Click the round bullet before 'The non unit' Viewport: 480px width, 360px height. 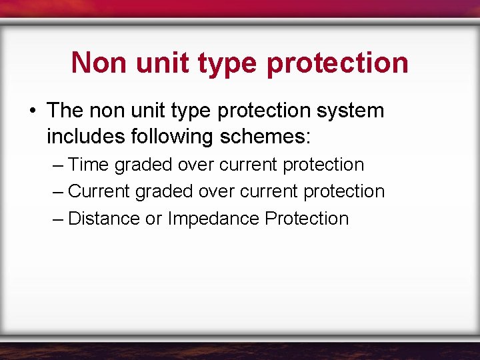point(32,111)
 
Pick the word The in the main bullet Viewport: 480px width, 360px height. point(65,111)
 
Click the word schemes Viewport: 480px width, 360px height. point(269,137)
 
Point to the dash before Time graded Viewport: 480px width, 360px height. point(57,165)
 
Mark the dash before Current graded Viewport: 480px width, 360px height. point(57,191)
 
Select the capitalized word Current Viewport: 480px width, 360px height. point(99,191)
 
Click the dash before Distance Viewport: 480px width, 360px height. point(57,219)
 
